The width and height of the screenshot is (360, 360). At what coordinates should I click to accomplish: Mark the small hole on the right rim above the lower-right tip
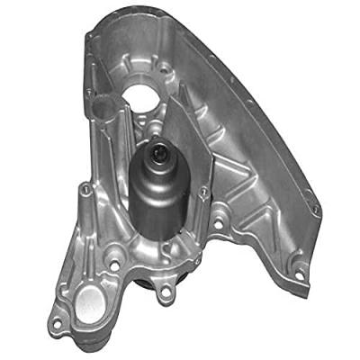(x=314, y=209)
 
